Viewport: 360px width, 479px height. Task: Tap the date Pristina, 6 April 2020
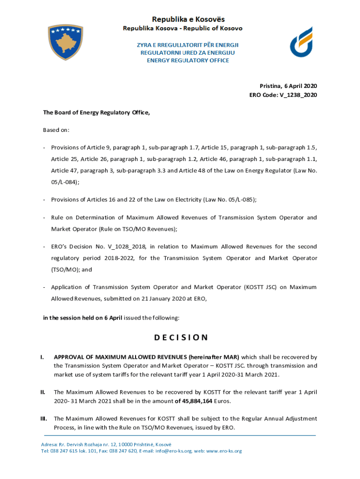pyautogui.click(x=288, y=86)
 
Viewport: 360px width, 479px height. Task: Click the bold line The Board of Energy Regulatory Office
pyautogui.click(x=97, y=112)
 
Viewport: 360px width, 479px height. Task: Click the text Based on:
pyautogui.click(x=56, y=130)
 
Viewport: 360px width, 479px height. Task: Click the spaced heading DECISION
pyautogui.click(x=180, y=337)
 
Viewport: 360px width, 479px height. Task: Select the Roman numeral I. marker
pyautogui.click(x=43, y=357)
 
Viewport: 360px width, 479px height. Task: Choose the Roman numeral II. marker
pyautogui.click(x=43, y=392)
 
